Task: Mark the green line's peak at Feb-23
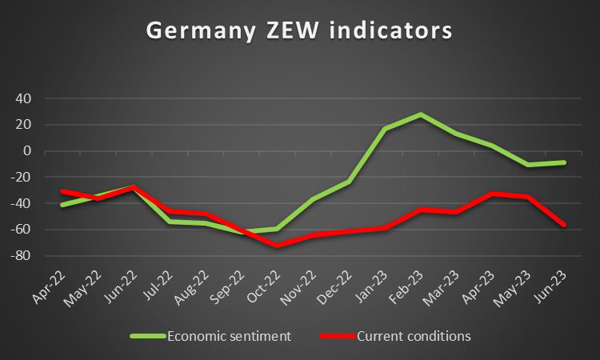(x=421, y=114)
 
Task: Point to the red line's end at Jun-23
(x=565, y=225)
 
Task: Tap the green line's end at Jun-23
(x=565, y=162)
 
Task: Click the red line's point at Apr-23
(x=493, y=194)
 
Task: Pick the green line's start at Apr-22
(x=62, y=205)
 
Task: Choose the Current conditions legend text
(x=413, y=336)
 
